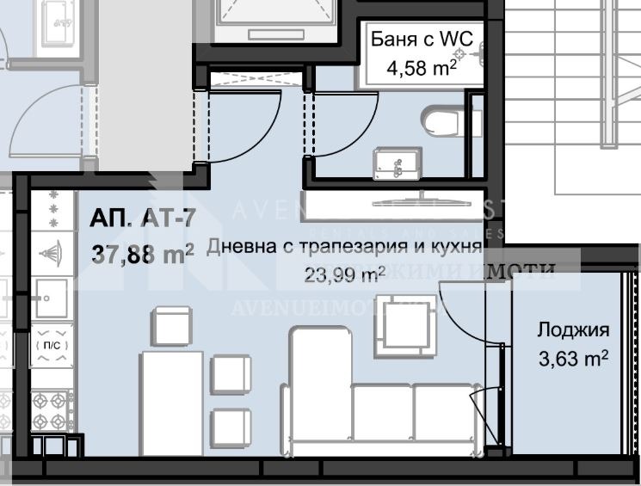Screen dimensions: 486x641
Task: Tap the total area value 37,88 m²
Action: [142, 254]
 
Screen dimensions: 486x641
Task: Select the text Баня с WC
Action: [422, 39]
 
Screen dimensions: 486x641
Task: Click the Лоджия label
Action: [573, 329]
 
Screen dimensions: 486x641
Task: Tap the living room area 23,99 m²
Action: [344, 274]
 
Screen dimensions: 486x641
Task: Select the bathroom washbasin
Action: [397, 161]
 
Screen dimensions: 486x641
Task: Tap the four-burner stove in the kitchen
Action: [51, 408]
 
